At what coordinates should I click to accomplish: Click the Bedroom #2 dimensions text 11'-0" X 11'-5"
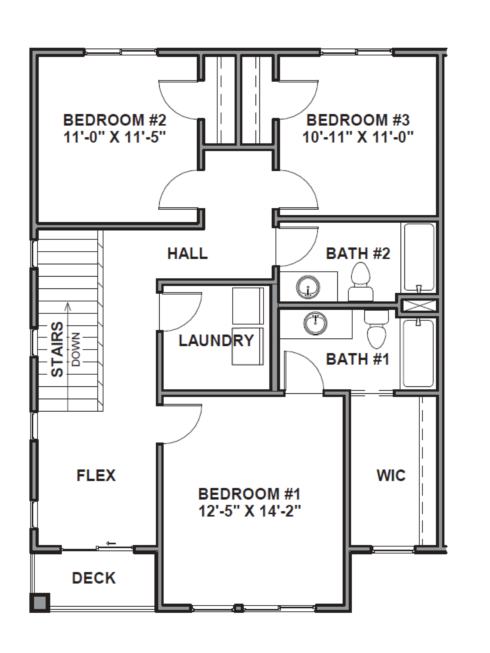pyautogui.click(x=115, y=137)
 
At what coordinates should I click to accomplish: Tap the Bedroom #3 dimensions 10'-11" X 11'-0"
pyautogui.click(x=358, y=137)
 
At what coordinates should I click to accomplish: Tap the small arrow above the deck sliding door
pyautogui.click(x=111, y=543)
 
